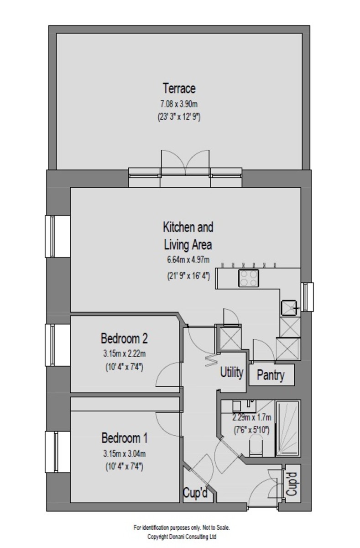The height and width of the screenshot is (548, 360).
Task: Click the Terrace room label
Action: pyautogui.click(x=179, y=88)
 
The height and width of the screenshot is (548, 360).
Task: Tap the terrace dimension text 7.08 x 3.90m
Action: pyautogui.click(x=179, y=104)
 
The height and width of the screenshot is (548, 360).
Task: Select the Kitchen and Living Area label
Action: pyautogui.click(x=188, y=236)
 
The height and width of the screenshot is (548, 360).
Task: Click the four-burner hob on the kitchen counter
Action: pyautogui.click(x=249, y=278)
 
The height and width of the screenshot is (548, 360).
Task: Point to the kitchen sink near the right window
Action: pyautogui.click(x=289, y=308)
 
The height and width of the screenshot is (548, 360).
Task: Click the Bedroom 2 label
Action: pyautogui.click(x=124, y=338)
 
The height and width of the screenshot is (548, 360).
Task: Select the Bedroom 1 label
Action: pyautogui.click(x=125, y=438)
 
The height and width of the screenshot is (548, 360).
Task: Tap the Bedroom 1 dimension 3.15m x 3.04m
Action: pyautogui.click(x=125, y=454)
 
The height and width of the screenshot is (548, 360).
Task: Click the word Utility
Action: pyautogui.click(x=232, y=372)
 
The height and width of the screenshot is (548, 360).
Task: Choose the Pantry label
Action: pyautogui.click(x=271, y=375)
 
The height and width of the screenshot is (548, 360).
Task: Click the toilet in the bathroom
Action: pyautogui.click(x=256, y=447)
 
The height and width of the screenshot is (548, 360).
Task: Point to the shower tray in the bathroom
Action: pyautogui.click(x=288, y=428)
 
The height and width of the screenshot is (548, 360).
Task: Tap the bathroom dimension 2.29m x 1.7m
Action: pyautogui.click(x=252, y=417)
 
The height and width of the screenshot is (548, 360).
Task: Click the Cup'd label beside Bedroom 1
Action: pyautogui.click(x=195, y=493)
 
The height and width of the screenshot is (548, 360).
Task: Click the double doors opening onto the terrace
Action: pyautogui.click(x=185, y=163)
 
